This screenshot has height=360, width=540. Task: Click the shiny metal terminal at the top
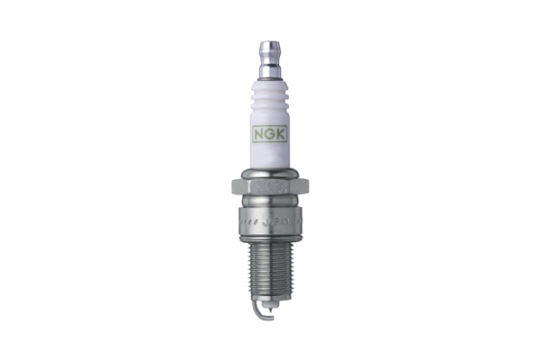[270, 54]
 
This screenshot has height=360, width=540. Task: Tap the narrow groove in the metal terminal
[270, 58]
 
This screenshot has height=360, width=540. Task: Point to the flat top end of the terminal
[270, 42]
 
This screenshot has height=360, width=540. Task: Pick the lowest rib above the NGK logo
[270, 114]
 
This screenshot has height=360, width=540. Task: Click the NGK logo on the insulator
[270, 132]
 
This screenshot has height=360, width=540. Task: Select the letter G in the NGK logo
[270, 132]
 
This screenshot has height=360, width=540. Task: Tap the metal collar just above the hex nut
[270, 174]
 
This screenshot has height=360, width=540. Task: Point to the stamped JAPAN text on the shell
[272, 219]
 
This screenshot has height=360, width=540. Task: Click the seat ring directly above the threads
[270, 231]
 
